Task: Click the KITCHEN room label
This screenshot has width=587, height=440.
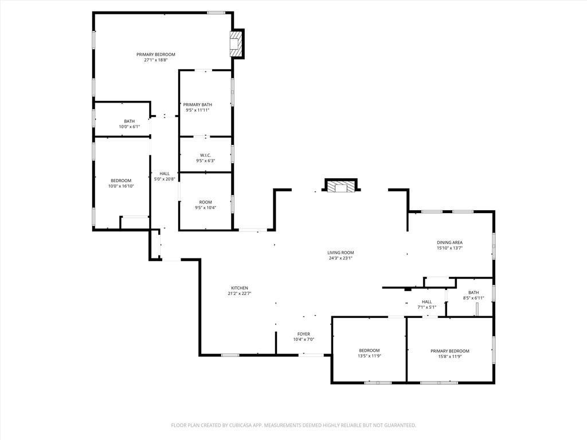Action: pyautogui.click(x=239, y=288)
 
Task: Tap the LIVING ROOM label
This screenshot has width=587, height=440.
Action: pyautogui.click(x=341, y=253)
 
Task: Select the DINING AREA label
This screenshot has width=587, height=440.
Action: pyautogui.click(x=449, y=242)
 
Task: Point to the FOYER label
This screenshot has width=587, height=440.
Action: pyautogui.click(x=304, y=334)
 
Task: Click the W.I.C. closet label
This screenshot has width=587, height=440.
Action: pyautogui.click(x=206, y=155)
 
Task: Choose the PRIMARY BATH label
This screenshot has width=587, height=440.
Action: pyautogui.click(x=197, y=105)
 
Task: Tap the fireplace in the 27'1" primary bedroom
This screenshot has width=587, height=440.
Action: pyautogui.click(x=236, y=44)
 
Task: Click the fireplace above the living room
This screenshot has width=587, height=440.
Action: pyautogui.click(x=341, y=186)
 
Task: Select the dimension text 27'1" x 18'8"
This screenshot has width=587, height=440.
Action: pyautogui.click(x=155, y=60)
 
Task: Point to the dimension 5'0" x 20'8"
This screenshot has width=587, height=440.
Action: pyautogui.click(x=165, y=179)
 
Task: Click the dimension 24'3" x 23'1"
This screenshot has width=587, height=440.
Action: pyautogui.click(x=341, y=258)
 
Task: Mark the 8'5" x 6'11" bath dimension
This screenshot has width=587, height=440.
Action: pyautogui.click(x=473, y=298)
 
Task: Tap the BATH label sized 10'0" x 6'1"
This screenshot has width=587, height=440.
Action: pyautogui.click(x=129, y=121)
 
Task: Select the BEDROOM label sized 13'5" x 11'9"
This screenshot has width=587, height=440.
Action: pyautogui.click(x=369, y=351)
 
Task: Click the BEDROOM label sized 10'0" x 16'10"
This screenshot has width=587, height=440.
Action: pyautogui.click(x=121, y=180)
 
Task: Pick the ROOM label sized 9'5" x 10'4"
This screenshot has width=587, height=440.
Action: pyautogui.click(x=206, y=202)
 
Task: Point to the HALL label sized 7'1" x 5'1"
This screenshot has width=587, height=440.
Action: pyautogui.click(x=426, y=301)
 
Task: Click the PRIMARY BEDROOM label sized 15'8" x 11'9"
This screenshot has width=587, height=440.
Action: pyautogui.click(x=449, y=351)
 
